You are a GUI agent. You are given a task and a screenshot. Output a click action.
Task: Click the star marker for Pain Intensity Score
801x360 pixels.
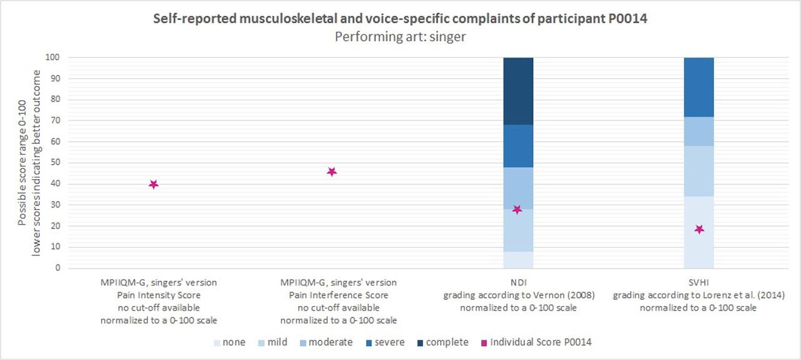point(153,184)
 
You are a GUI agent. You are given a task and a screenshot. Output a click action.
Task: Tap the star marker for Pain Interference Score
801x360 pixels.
point(332,172)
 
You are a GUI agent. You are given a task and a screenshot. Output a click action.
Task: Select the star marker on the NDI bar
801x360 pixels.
point(517,209)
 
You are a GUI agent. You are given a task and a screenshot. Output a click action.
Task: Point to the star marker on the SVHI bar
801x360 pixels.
point(699,229)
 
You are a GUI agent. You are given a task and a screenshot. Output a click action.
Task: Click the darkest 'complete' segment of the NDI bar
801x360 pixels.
point(518,91)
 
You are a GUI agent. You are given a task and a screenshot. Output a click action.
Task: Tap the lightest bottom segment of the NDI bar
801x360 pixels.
point(518,259)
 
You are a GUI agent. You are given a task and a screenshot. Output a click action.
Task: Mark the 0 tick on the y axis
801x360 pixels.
point(58,268)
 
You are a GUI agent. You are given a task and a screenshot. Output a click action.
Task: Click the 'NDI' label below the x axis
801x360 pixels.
point(518,283)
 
